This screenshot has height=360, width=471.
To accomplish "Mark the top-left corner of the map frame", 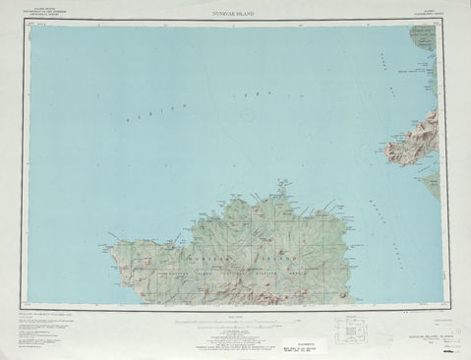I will pyautogui.click(x=30, y=26).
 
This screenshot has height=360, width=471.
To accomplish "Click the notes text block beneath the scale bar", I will pyautogui.click(x=233, y=334).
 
